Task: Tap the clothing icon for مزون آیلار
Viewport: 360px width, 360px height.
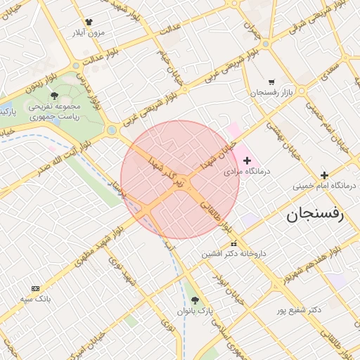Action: (x=89, y=22)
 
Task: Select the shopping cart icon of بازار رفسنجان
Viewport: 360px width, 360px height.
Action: (x=272, y=82)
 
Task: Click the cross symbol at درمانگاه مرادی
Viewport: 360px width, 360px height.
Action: (x=247, y=161)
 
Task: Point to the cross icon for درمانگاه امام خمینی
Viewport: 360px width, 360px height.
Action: (x=324, y=175)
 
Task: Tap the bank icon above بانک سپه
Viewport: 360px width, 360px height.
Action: (x=36, y=288)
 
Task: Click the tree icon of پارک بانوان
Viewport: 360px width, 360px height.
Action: (x=205, y=299)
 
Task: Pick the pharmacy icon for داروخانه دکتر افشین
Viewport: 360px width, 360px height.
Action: (x=234, y=244)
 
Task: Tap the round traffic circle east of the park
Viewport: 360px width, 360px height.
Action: (x=112, y=130)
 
